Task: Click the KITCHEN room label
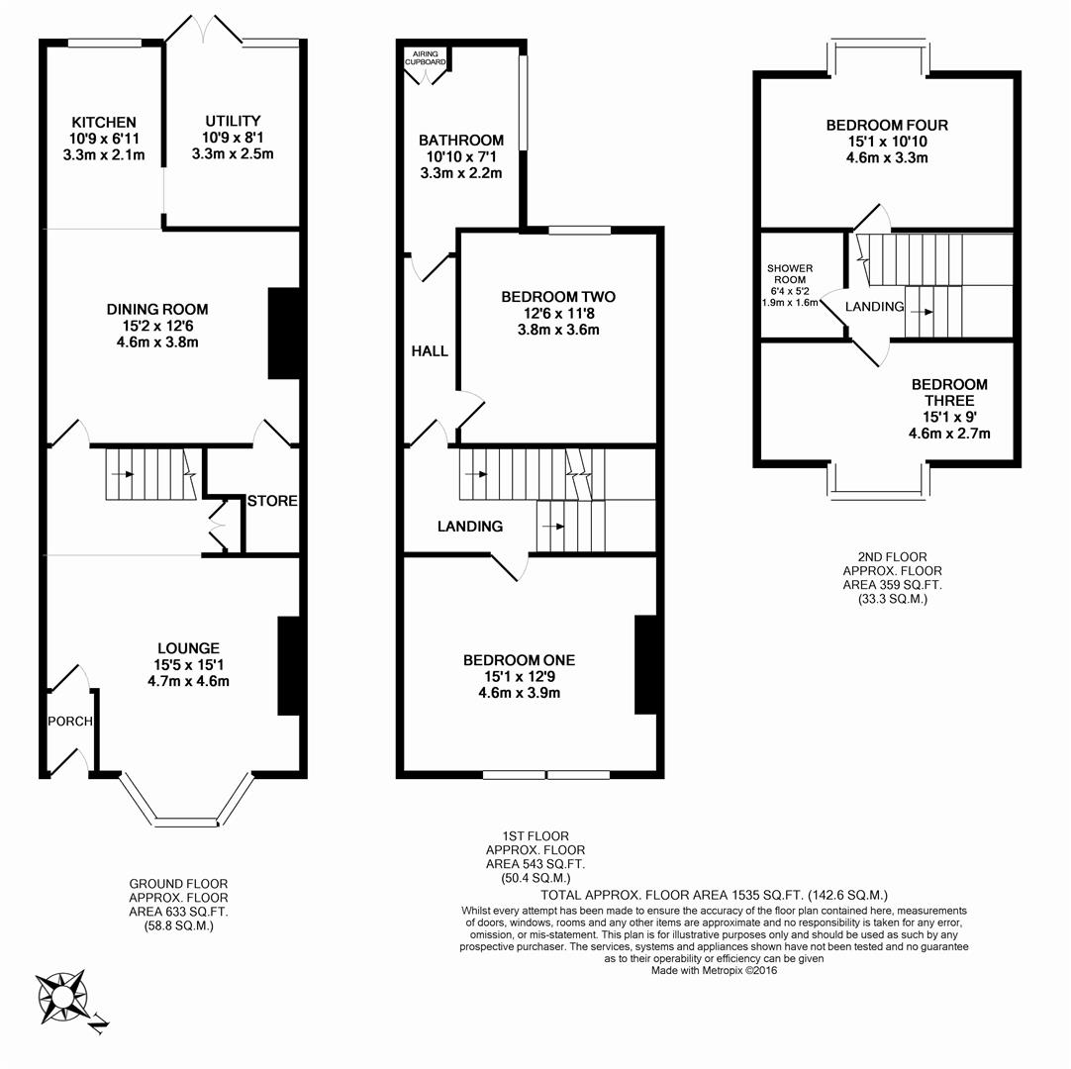pyautogui.click(x=103, y=122)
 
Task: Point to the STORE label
pyautogui.click(x=272, y=501)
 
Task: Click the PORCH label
pyautogui.click(x=69, y=722)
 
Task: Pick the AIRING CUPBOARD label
pyautogui.click(x=425, y=58)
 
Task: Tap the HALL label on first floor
pyautogui.click(x=429, y=351)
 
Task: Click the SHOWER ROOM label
pyautogui.click(x=789, y=274)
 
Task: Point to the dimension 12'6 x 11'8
pyautogui.click(x=558, y=314)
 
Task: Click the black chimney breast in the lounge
pyautogui.click(x=288, y=665)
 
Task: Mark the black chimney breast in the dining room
pyautogui.click(x=283, y=334)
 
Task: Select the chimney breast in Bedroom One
pyautogui.click(x=645, y=664)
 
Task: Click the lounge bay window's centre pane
pyautogui.click(x=185, y=821)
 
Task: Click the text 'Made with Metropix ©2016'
pyautogui.click(x=713, y=971)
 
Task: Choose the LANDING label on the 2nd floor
pyautogui.click(x=874, y=307)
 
